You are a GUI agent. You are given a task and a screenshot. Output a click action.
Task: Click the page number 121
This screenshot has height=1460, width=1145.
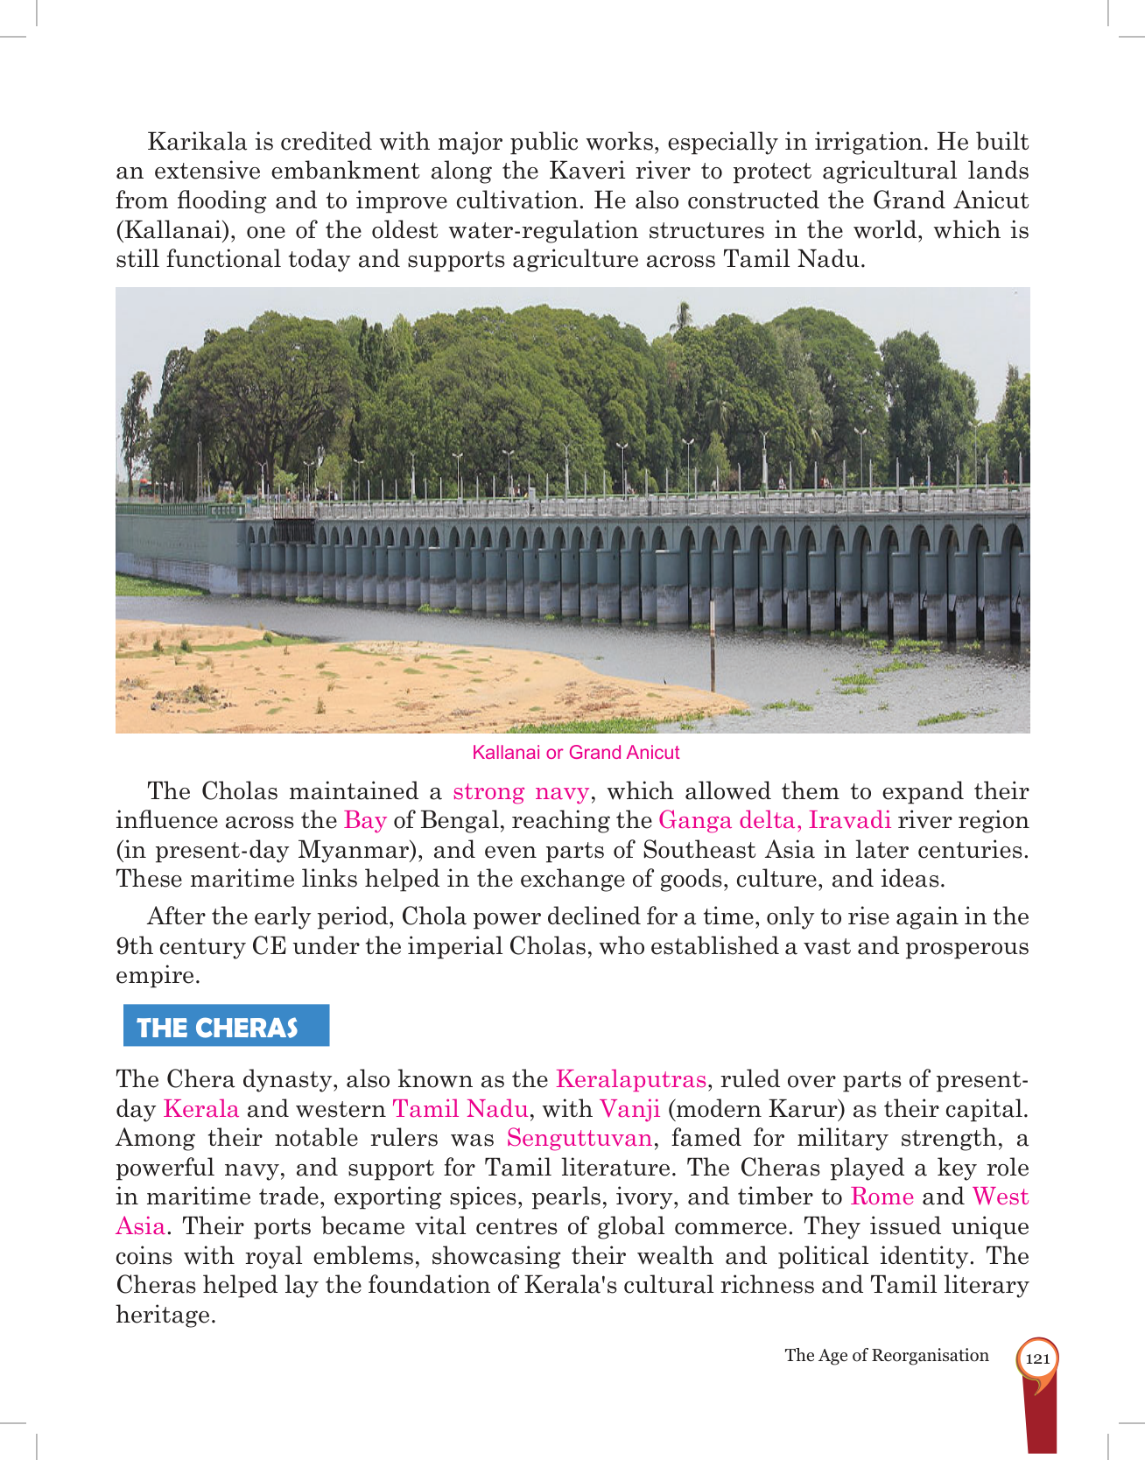point(1037,1358)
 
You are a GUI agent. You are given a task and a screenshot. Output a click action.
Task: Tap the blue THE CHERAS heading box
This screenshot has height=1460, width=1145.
point(226,1026)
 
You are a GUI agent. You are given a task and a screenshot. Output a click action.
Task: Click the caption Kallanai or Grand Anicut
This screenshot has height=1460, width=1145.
point(575,753)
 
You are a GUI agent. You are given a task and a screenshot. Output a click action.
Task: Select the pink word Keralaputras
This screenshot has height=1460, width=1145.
point(630,1079)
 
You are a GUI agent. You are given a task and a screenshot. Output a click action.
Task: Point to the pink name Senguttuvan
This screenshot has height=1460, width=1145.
point(580,1138)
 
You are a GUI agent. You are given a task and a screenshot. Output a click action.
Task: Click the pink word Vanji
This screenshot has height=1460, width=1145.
point(629,1109)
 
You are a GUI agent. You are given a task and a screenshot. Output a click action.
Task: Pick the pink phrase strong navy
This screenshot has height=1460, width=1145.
point(521,791)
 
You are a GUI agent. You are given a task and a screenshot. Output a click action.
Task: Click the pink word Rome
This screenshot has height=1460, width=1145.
point(882,1197)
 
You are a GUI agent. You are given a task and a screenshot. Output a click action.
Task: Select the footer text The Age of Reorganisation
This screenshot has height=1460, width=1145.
point(886,1355)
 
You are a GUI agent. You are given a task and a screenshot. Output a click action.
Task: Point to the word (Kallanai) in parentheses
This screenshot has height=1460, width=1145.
point(172,230)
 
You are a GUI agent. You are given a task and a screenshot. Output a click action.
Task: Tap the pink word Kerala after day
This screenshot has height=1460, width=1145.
point(200,1109)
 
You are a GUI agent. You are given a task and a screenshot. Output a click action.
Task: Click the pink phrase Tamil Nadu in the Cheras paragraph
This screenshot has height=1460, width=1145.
point(460,1109)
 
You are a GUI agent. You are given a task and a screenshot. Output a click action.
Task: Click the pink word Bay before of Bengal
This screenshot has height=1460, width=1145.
point(365,820)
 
